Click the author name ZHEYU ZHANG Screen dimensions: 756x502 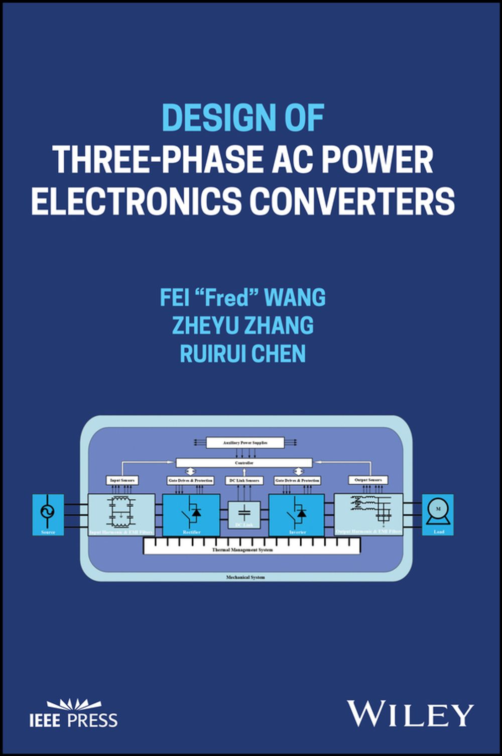pyautogui.click(x=243, y=326)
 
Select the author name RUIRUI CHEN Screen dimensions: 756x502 pyautogui.click(x=243, y=354)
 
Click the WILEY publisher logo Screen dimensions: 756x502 pyautogui.click(x=410, y=714)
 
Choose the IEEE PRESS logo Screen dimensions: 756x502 pyautogui.click(x=73, y=714)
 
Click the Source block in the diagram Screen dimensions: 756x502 pyautogui.click(x=48, y=514)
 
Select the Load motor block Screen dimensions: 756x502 pyautogui.click(x=438, y=514)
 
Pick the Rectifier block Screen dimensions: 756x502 pyautogui.click(x=191, y=514)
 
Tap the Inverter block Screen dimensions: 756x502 pyautogui.click(x=297, y=514)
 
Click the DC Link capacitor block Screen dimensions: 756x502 pyautogui.click(x=244, y=514)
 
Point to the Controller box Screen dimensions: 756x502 pyautogui.click(x=244, y=463)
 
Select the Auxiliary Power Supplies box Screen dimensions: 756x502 pyautogui.click(x=245, y=443)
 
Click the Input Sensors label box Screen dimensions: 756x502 pyautogui.click(x=122, y=480)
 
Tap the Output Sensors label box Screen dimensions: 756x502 pyautogui.click(x=368, y=480)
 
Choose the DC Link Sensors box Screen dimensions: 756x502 pyautogui.click(x=244, y=480)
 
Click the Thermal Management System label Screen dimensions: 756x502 pyautogui.click(x=242, y=550)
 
